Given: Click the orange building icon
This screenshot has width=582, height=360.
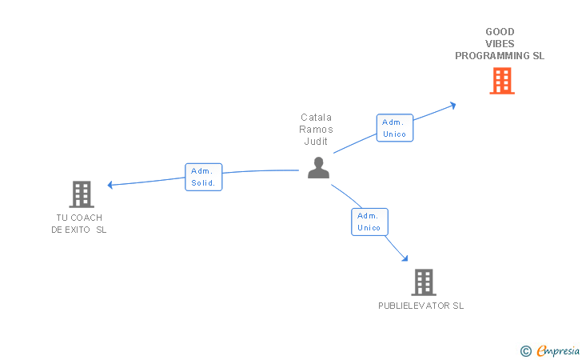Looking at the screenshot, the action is pos(502,81).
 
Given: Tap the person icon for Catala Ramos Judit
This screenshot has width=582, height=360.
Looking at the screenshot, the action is pos(318,167).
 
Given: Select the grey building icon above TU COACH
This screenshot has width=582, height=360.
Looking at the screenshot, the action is pos(82,194).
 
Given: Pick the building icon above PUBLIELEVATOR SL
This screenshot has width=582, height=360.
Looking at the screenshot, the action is pos(424,282).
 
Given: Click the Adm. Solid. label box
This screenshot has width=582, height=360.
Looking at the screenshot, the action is pos(203,177).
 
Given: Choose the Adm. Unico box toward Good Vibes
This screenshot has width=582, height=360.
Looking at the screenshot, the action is pos(395,128).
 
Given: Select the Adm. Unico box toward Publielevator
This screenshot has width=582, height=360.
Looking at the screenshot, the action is pos(369,222).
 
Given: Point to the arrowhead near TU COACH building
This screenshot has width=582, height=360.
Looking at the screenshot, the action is pos(110,185).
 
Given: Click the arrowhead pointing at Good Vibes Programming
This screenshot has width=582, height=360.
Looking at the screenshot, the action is pos(452,106).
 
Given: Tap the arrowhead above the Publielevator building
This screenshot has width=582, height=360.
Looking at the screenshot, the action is pos(405,258).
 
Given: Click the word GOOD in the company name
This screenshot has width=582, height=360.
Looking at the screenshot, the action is pos(500,31).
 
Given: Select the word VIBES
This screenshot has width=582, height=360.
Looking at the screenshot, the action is pos(500,44).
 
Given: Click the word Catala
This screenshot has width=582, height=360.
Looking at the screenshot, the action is pos(317,118).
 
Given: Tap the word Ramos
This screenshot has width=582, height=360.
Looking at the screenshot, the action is pos(317,130).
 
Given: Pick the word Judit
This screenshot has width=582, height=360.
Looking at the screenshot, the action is pos(316,141).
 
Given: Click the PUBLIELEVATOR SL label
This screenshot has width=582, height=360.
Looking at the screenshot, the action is pos(421,306).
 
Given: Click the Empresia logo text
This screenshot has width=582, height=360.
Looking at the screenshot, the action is pos(558,350).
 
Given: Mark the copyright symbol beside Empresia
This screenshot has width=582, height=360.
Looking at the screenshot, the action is pos(526,351).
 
